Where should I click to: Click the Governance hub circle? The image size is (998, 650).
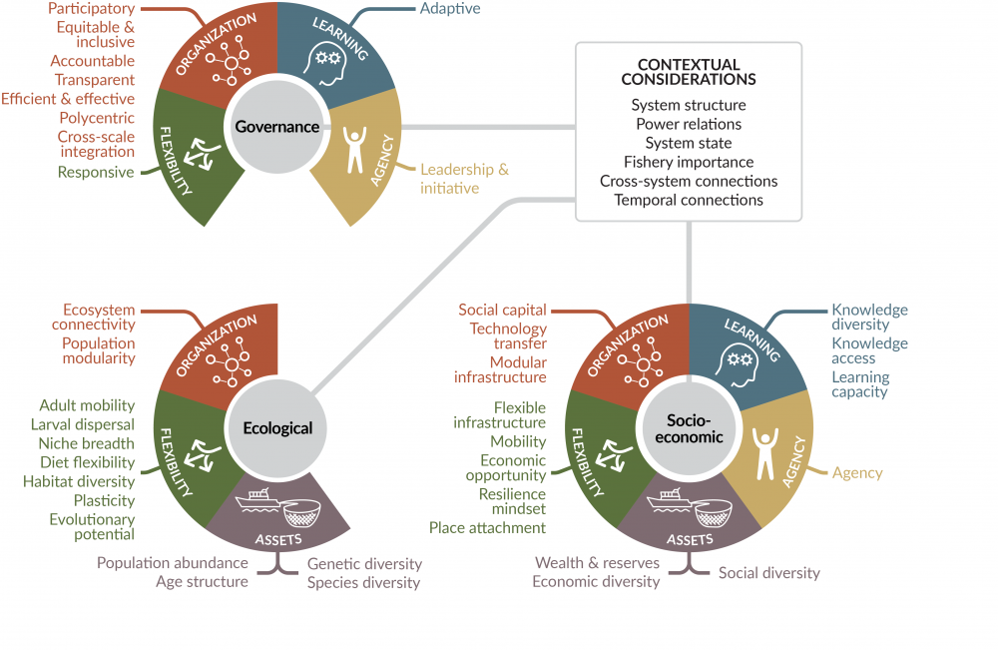coord(276,127)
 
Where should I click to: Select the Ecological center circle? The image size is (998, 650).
coord(277,428)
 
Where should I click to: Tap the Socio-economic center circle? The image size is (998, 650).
coord(689,428)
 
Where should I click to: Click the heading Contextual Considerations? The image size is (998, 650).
coord(689,72)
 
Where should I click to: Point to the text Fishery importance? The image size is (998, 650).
coord(689,162)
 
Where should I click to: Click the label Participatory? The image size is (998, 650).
coord(91,9)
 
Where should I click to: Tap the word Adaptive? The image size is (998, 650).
coord(450,9)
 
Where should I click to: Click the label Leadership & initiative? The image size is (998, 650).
coord(464,179)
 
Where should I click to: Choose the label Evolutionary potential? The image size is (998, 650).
coord(92,527)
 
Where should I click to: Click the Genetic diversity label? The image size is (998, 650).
coord(364,564)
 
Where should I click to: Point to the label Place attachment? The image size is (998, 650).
coord(487,528)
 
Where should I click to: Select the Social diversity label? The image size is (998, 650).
coord(768,573)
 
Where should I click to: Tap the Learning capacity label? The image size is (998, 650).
coord(860,384)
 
